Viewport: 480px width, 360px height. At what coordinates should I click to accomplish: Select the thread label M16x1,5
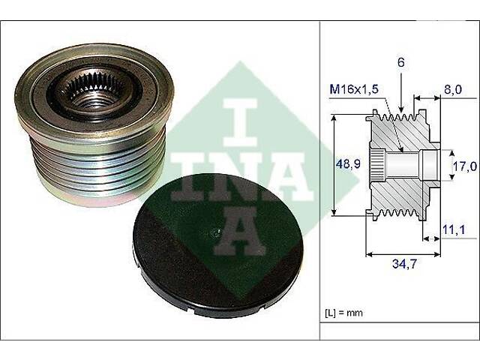pos(355,89)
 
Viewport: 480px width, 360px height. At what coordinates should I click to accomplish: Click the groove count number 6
pos(401,64)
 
